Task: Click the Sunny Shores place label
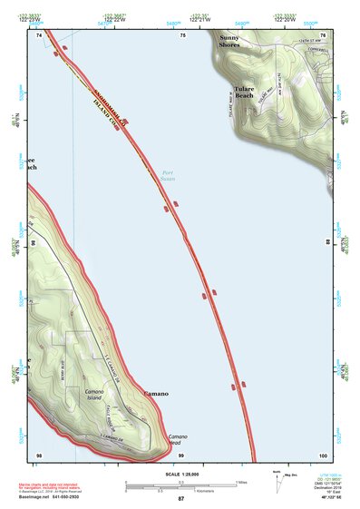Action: (229, 40)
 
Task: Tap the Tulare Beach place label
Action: (244, 92)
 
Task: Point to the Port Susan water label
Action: (167, 175)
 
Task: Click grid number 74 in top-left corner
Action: (39, 34)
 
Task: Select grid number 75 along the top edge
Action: (182, 34)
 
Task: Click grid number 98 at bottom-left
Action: (38, 454)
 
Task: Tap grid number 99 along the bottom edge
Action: (180, 454)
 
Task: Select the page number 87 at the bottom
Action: (180, 499)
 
